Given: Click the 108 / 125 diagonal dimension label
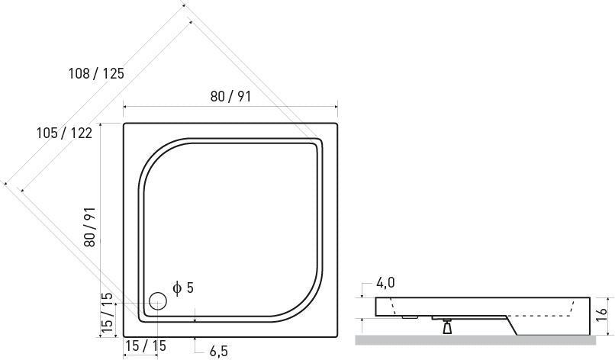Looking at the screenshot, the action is tap(96, 73).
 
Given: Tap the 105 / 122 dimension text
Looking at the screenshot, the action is tap(64, 133).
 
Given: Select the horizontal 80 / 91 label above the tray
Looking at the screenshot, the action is tap(230, 96).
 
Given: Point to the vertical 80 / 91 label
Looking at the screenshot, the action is tap(90, 227).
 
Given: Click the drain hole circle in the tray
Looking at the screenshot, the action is tap(158, 301).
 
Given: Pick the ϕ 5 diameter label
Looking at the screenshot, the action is tap(183, 288).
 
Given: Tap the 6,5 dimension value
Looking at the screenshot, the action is tap(218, 351).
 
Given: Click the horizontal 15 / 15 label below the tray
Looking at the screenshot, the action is tap(146, 346).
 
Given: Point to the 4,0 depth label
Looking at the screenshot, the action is tap(385, 282).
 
